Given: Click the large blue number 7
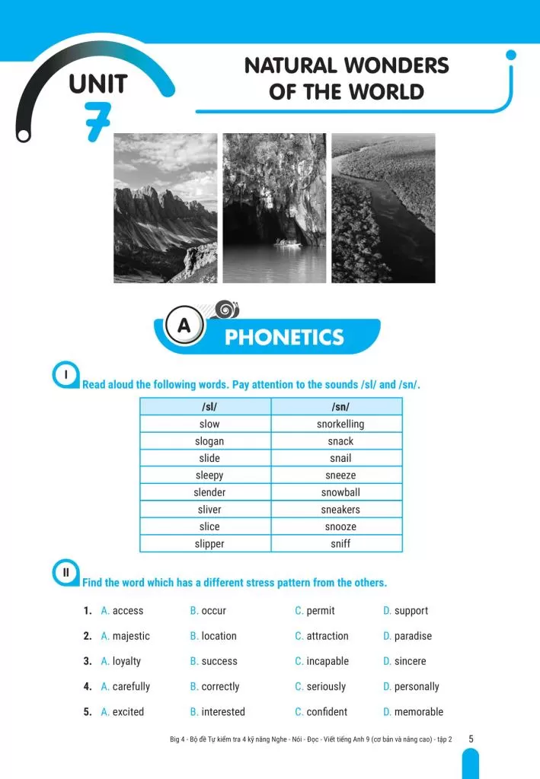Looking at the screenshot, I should pos(97,120).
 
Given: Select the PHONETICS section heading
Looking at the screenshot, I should pos(284,337).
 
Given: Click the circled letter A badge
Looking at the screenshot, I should pos(184,326).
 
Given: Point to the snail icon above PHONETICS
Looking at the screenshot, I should pos(227,309).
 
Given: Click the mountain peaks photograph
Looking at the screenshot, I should pos(165,208).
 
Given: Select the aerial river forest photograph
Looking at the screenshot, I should pos(383,208).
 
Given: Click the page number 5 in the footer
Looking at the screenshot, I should pos(471,739).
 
